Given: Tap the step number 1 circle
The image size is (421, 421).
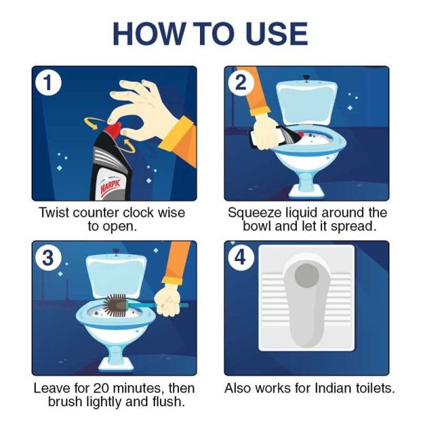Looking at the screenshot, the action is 48,82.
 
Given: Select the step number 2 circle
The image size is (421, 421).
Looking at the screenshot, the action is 241,82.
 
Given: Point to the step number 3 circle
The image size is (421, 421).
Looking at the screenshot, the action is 48,258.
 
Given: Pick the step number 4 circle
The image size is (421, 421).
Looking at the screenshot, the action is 241,258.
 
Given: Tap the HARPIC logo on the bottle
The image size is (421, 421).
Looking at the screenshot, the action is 110,186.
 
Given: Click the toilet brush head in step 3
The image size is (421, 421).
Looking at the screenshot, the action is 114,305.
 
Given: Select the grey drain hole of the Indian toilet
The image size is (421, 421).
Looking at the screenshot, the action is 307,276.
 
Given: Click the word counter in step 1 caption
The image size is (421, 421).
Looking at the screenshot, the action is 95,213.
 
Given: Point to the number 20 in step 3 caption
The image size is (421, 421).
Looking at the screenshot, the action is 102,388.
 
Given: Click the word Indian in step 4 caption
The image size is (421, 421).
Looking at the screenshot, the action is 333,388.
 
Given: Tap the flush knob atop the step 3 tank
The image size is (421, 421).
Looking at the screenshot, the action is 116,252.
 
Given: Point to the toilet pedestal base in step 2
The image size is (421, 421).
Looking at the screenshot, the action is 307,188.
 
